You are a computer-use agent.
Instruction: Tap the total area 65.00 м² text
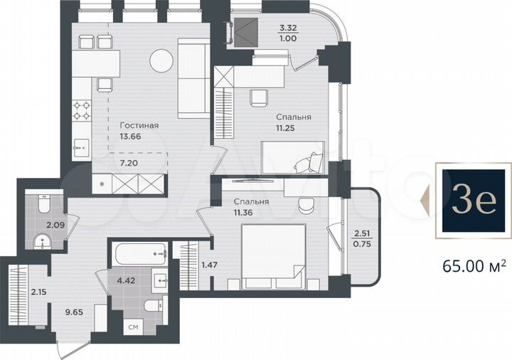click(x=474, y=266)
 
